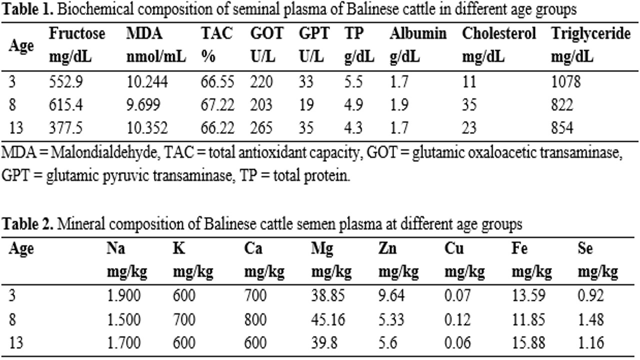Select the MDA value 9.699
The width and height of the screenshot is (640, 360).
(x=142, y=104)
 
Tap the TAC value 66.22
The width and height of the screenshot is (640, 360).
(x=217, y=128)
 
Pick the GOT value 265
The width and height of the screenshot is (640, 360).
(x=261, y=128)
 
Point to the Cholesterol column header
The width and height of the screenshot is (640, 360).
(x=498, y=33)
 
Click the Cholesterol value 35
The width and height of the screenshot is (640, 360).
(x=469, y=104)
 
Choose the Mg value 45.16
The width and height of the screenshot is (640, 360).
(x=328, y=319)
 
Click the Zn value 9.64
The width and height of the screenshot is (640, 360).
(x=391, y=296)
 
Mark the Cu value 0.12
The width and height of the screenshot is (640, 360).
(x=457, y=319)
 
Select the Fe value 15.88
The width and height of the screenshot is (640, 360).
(x=527, y=343)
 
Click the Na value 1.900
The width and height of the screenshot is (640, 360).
(x=123, y=296)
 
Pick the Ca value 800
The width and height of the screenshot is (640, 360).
(x=255, y=319)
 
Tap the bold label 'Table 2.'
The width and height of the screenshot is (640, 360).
(x=27, y=224)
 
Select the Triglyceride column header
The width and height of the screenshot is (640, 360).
(x=590, y=33)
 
